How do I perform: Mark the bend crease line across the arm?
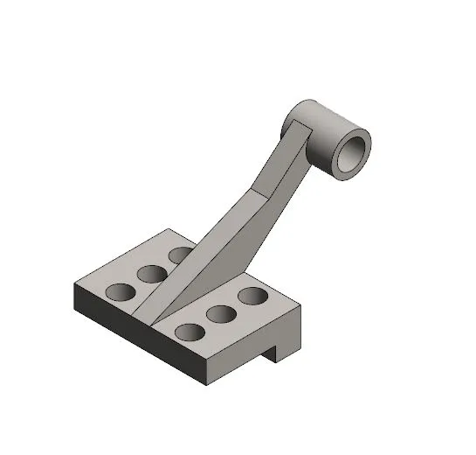[260, 191]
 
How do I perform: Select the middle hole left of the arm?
[150, 273]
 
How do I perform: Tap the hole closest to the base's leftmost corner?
[119, 291]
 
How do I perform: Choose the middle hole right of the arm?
[220, 313]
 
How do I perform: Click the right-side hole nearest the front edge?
[189, 332]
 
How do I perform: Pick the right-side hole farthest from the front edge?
[252, 296]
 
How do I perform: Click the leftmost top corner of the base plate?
[75, 283]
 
